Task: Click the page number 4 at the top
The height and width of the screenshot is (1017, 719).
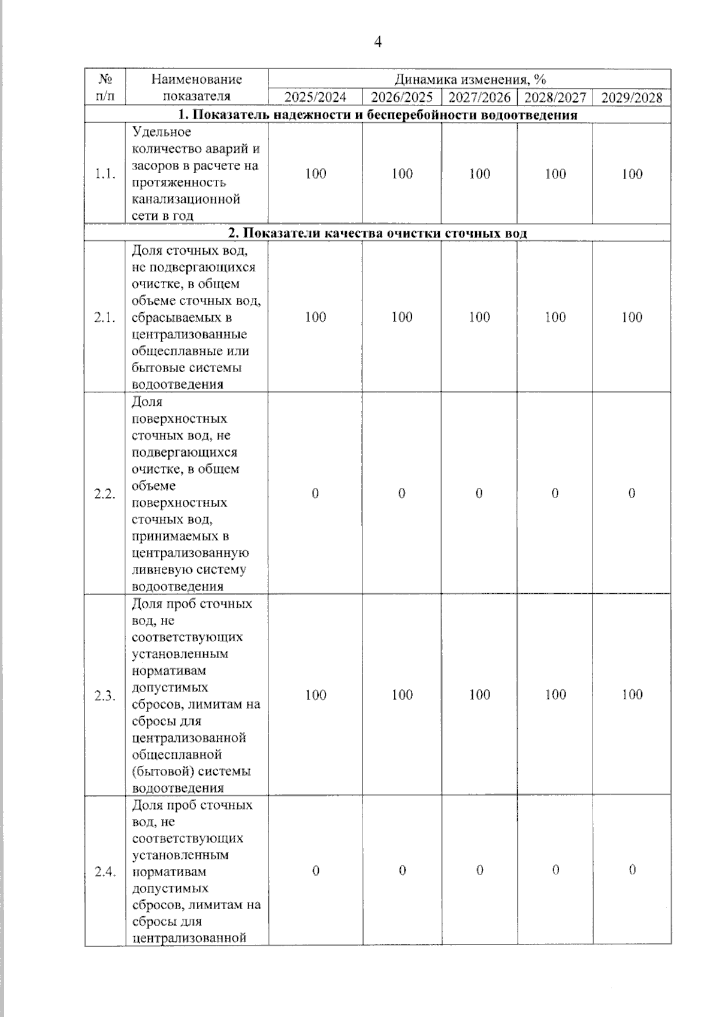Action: (x=377, y=42)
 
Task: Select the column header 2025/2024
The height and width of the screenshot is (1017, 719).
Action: (x=315, y=98)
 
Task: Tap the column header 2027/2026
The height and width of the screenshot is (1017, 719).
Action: (x=479, y=98)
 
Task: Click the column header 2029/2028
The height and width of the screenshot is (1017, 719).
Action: (x=632, y=98)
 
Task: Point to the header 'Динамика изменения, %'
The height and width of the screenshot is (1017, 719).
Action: (x=470, y=79)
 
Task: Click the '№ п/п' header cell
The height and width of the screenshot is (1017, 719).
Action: (x=105, y=87)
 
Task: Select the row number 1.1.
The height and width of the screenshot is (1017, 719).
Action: (x=105, y=174)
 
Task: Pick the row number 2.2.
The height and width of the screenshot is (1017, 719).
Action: (x=105, y=494)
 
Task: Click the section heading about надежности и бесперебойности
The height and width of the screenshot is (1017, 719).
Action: (x=377, y=115)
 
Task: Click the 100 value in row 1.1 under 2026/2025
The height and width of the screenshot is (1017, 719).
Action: (x=402, y=174)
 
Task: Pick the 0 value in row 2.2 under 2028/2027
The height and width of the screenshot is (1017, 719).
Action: (x=555, y=493)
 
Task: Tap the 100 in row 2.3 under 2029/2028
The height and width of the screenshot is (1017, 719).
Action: (x=632, y=695)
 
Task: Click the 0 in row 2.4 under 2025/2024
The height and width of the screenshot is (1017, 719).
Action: (x=316, y=871)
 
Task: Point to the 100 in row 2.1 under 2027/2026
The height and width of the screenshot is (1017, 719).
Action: (x=479, y=317)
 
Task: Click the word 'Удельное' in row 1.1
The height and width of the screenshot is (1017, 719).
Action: (x=161, y=132)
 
